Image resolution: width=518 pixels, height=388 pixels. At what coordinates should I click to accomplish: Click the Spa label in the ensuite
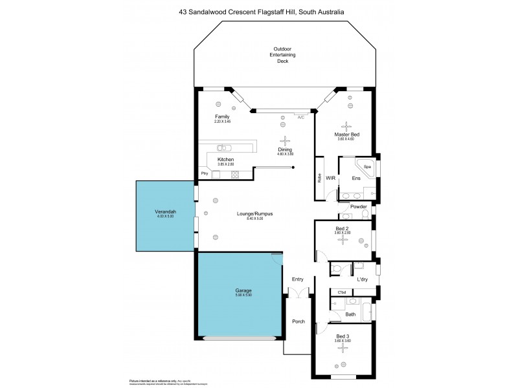pos(367,166)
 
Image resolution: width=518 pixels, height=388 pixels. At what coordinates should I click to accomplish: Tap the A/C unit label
pos(301,118)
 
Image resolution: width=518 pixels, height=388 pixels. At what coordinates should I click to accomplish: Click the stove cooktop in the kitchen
pos(234,173)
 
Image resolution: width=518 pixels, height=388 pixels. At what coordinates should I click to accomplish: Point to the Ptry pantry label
pos(205,173)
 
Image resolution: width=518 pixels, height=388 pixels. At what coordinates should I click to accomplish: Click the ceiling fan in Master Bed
pos(346,126)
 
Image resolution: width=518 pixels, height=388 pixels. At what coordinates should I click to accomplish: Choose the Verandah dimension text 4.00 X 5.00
pos(165,216)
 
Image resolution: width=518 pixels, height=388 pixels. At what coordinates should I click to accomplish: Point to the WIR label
pos(330,177)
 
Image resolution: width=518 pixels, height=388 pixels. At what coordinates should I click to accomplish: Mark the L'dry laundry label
pos(363,279)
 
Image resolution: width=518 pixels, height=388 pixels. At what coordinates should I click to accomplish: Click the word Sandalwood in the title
pos(230,12)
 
